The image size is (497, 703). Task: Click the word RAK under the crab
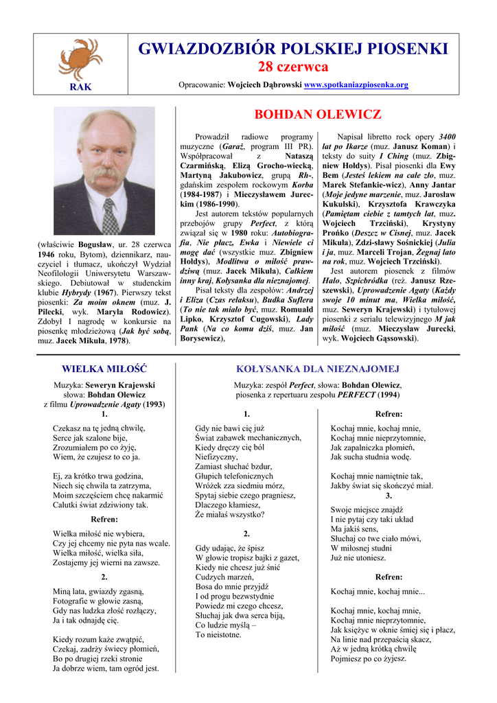click(x=80, y=87)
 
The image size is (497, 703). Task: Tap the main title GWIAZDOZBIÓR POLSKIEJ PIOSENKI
click(x=292, y=49)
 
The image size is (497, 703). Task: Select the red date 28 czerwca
click(x=292, y=67)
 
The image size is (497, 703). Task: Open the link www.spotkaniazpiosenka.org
click(x=356, y=85)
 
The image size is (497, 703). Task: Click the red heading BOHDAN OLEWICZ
click(x=317, y=115)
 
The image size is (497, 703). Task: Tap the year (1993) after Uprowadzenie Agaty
click(x=153, y=404)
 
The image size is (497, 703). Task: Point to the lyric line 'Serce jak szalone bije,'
click(x=90, y=437)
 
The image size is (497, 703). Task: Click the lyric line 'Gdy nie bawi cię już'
click(x=229, y=428)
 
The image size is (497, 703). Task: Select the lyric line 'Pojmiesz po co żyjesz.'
click(x=368, y=658)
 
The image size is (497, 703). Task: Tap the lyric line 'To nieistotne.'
click(x=218, y=635)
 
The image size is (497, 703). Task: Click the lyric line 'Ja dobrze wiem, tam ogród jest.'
click(x=106, y=668)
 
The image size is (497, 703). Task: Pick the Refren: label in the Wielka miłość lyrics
click(x=104, y=519)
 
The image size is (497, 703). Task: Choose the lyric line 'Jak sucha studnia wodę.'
click(x=371, y=457)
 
